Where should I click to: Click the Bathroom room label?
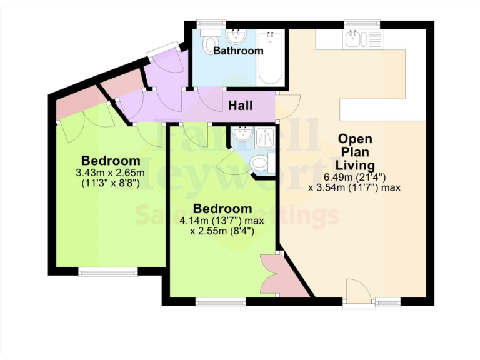point(238,51)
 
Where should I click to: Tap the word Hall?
point(240,106)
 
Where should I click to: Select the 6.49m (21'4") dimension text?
point(354,176)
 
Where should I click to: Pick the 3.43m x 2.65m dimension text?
point(110,172)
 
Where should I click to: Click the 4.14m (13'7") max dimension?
point(222,221)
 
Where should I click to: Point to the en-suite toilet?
point(258,164)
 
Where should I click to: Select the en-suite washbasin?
point(242,134)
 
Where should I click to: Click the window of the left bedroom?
point(107,271)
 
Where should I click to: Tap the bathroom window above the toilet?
point(210,24)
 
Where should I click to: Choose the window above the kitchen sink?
point(362,24)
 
